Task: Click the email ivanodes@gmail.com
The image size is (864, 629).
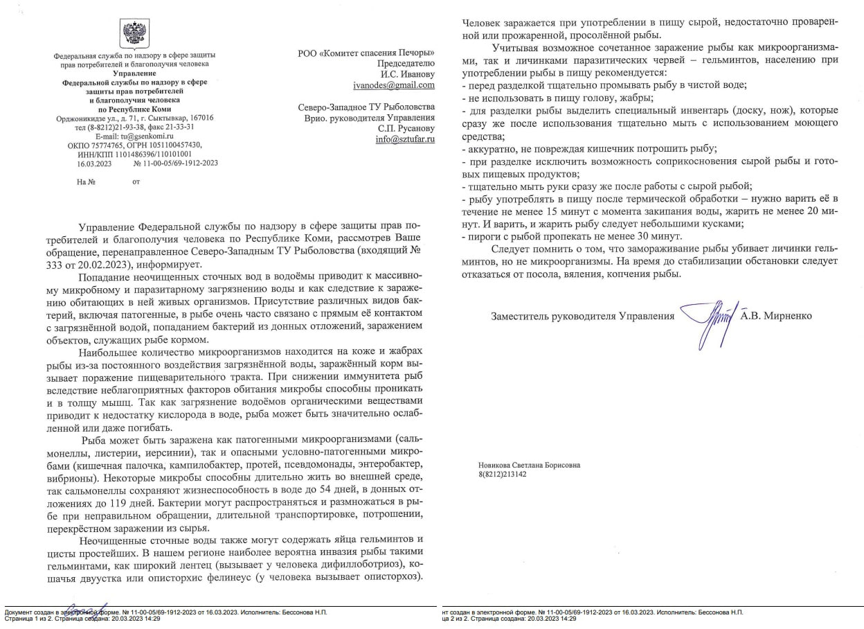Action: tap(394, 85)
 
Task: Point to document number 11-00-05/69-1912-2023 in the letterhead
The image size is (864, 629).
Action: tap(181, 163)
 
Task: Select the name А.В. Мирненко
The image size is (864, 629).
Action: tap(776, 316)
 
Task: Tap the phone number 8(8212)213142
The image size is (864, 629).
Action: tap(502, 475)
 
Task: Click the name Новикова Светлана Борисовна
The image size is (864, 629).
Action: tap(529, 466)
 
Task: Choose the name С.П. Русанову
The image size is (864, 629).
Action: tap(406, 128)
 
